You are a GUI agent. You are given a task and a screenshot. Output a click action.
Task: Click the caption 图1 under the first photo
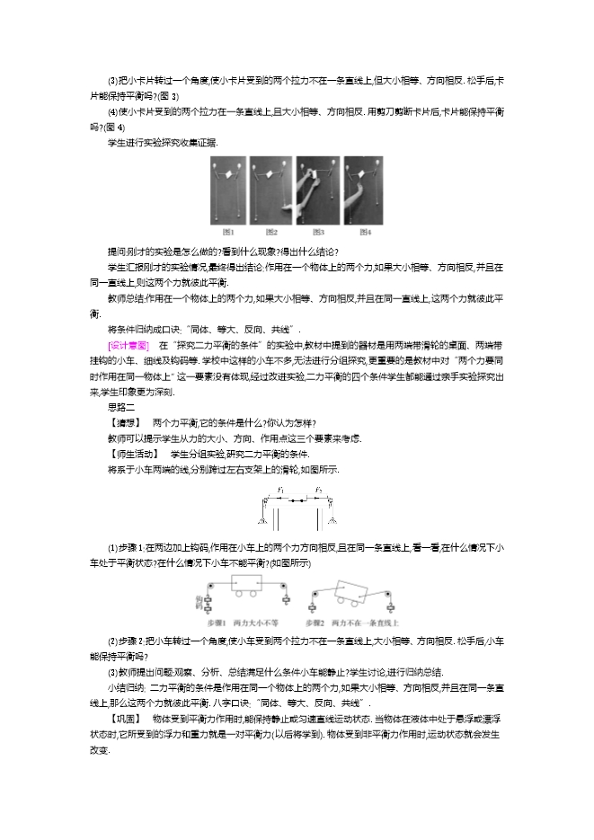click(x=228, y=233)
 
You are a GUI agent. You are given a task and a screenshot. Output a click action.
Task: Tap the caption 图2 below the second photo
click(x=271, y=233)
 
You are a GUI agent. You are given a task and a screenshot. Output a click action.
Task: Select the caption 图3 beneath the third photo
click(x=318, y=233)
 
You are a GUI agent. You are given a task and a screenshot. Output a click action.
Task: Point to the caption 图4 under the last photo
click(x=365, y=233)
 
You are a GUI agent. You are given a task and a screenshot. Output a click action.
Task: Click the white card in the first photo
click(x=229, y=172)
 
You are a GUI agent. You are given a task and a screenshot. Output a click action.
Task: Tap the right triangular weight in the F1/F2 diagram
click(x=333, y=522)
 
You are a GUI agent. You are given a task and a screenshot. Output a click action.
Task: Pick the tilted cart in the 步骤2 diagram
click(x=349, y=588)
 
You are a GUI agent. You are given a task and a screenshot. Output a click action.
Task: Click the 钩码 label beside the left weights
click(x=199, y=600)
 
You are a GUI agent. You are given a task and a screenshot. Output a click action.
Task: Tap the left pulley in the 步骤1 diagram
click(x=209, y=585)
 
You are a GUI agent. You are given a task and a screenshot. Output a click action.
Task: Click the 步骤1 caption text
click(x=217, y=622)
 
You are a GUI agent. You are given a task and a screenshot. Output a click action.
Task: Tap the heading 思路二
click(x=120, y=407)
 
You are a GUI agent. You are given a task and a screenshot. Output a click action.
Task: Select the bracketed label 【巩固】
click(x=125, y=720)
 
